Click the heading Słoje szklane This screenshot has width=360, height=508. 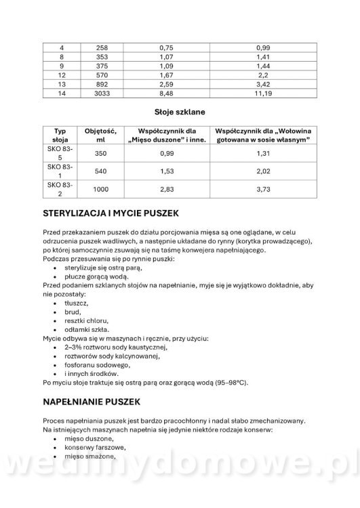click(180, 110)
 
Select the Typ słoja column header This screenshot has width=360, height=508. click(61, 134)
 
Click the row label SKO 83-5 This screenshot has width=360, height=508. click(61, 154)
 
